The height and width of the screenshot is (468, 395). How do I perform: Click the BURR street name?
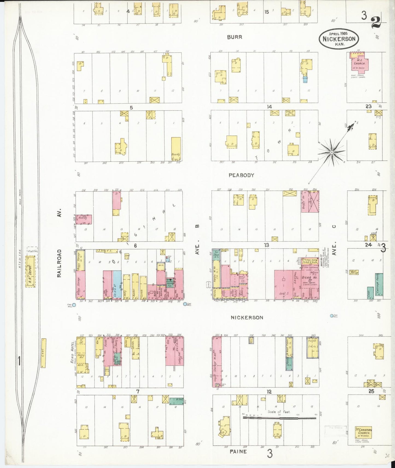click(235, 37)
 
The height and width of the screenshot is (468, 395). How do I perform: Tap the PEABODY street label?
click(241, 175)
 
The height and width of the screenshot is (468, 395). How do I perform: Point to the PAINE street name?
click(238, 451)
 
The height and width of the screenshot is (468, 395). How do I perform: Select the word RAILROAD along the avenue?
click(59, 263)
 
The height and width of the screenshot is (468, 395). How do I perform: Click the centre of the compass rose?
click(331, 152)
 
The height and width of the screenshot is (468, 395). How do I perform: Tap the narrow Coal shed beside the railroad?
click(43, 353)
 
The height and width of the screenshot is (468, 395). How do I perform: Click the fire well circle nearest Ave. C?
click(332, 316)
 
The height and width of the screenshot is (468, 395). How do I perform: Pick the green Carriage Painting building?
click(379, 285)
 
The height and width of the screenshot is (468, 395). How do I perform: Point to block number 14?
click(270, 107)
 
